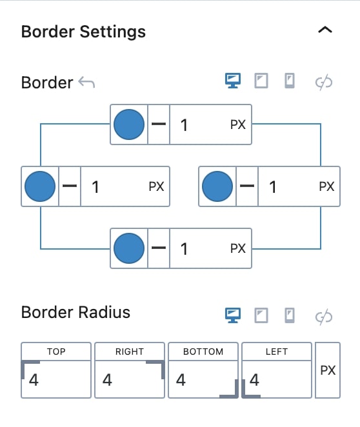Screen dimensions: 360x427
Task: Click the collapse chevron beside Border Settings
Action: (x=325, y=30)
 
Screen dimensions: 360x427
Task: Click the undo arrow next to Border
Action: (x=86, y=82)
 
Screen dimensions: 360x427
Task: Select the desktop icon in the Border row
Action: (x=233, y=81)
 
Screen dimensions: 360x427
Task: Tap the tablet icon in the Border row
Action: (x=261, y=81)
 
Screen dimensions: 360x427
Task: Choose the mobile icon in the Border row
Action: (x=290, y=81)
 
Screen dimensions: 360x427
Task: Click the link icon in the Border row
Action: (x=324, y=82)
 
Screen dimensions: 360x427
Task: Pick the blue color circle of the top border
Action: (x=129, y=124)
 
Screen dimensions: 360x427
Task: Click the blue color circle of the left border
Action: (x=40, y=186)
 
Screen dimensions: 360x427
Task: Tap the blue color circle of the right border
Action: (x=217, y=186)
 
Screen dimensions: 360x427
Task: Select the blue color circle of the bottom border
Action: (x=129, y=248)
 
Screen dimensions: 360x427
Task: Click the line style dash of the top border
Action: (x=159, y=124)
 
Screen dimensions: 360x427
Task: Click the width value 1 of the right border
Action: (x=273, y=187)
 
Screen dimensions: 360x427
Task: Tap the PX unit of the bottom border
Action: (x=238, y=248)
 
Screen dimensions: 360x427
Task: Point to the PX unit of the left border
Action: (x=156, y=186)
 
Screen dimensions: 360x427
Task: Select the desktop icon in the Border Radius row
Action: (x=233, y=315)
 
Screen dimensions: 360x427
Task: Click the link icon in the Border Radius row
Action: (x=324, y=317)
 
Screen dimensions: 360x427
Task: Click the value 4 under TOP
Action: (x=34, y=380)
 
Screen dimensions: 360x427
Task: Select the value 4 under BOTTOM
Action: (x=181, y=380)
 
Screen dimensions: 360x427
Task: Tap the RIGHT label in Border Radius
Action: (x=129, y=352)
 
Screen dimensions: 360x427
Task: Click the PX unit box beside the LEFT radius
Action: (x=328, y=370)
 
